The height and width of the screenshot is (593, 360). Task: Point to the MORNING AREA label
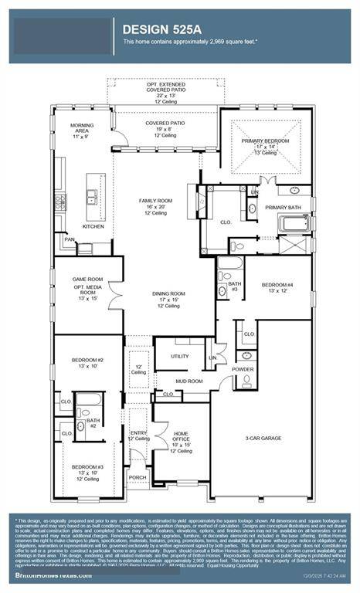(82, 126)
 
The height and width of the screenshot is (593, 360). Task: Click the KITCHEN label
(94, 226)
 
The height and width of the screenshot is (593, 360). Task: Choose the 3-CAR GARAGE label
(263, 439)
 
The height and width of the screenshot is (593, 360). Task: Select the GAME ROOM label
(87, 280)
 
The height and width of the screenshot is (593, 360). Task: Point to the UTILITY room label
(180, 356)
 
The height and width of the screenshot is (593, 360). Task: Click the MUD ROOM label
(188, 381)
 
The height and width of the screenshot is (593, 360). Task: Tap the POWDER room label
(243, 370)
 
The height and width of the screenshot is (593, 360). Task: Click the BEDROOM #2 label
(87, 361)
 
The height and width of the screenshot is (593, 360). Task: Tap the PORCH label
(138, 477)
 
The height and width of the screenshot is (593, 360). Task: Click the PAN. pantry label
(70, 239)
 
